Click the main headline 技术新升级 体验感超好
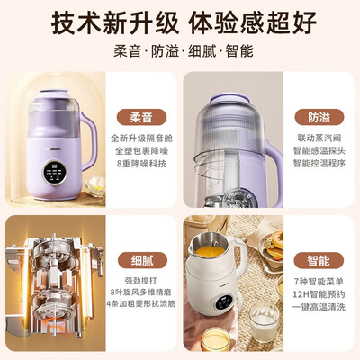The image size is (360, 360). point(180,20)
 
